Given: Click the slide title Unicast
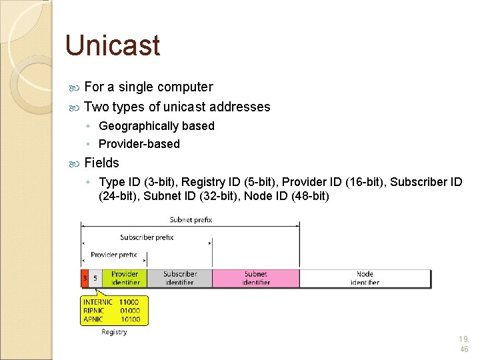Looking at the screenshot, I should click(x=113, y=45).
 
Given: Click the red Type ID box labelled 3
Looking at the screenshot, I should click(x=85, y=278).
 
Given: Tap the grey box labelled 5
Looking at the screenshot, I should click(x=95, y=278).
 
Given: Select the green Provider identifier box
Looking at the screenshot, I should click(x=125, y=278).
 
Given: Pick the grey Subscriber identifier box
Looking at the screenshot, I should click(x=179, y=278).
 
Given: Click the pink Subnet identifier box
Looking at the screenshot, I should click(x=255, y=278).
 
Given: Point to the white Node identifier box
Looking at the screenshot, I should click(x=365, y=278).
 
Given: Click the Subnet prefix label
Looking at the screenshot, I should click(x=191, y=220).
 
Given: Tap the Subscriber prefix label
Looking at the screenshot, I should click(x=147, y=237).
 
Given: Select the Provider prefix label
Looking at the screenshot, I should click(x=113, y=255).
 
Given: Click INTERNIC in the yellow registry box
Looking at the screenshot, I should click(x=98, y=302).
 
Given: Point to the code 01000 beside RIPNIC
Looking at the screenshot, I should click(x=129, y=311).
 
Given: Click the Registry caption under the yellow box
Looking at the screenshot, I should click(x=114, y=332).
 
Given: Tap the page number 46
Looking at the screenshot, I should click(x=464, y=349).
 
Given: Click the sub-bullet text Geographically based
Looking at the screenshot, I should click(x=157, y=126).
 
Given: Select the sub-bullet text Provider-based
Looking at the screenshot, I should click(x=139, y=144).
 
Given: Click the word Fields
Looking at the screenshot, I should click(x=102, y=163).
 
